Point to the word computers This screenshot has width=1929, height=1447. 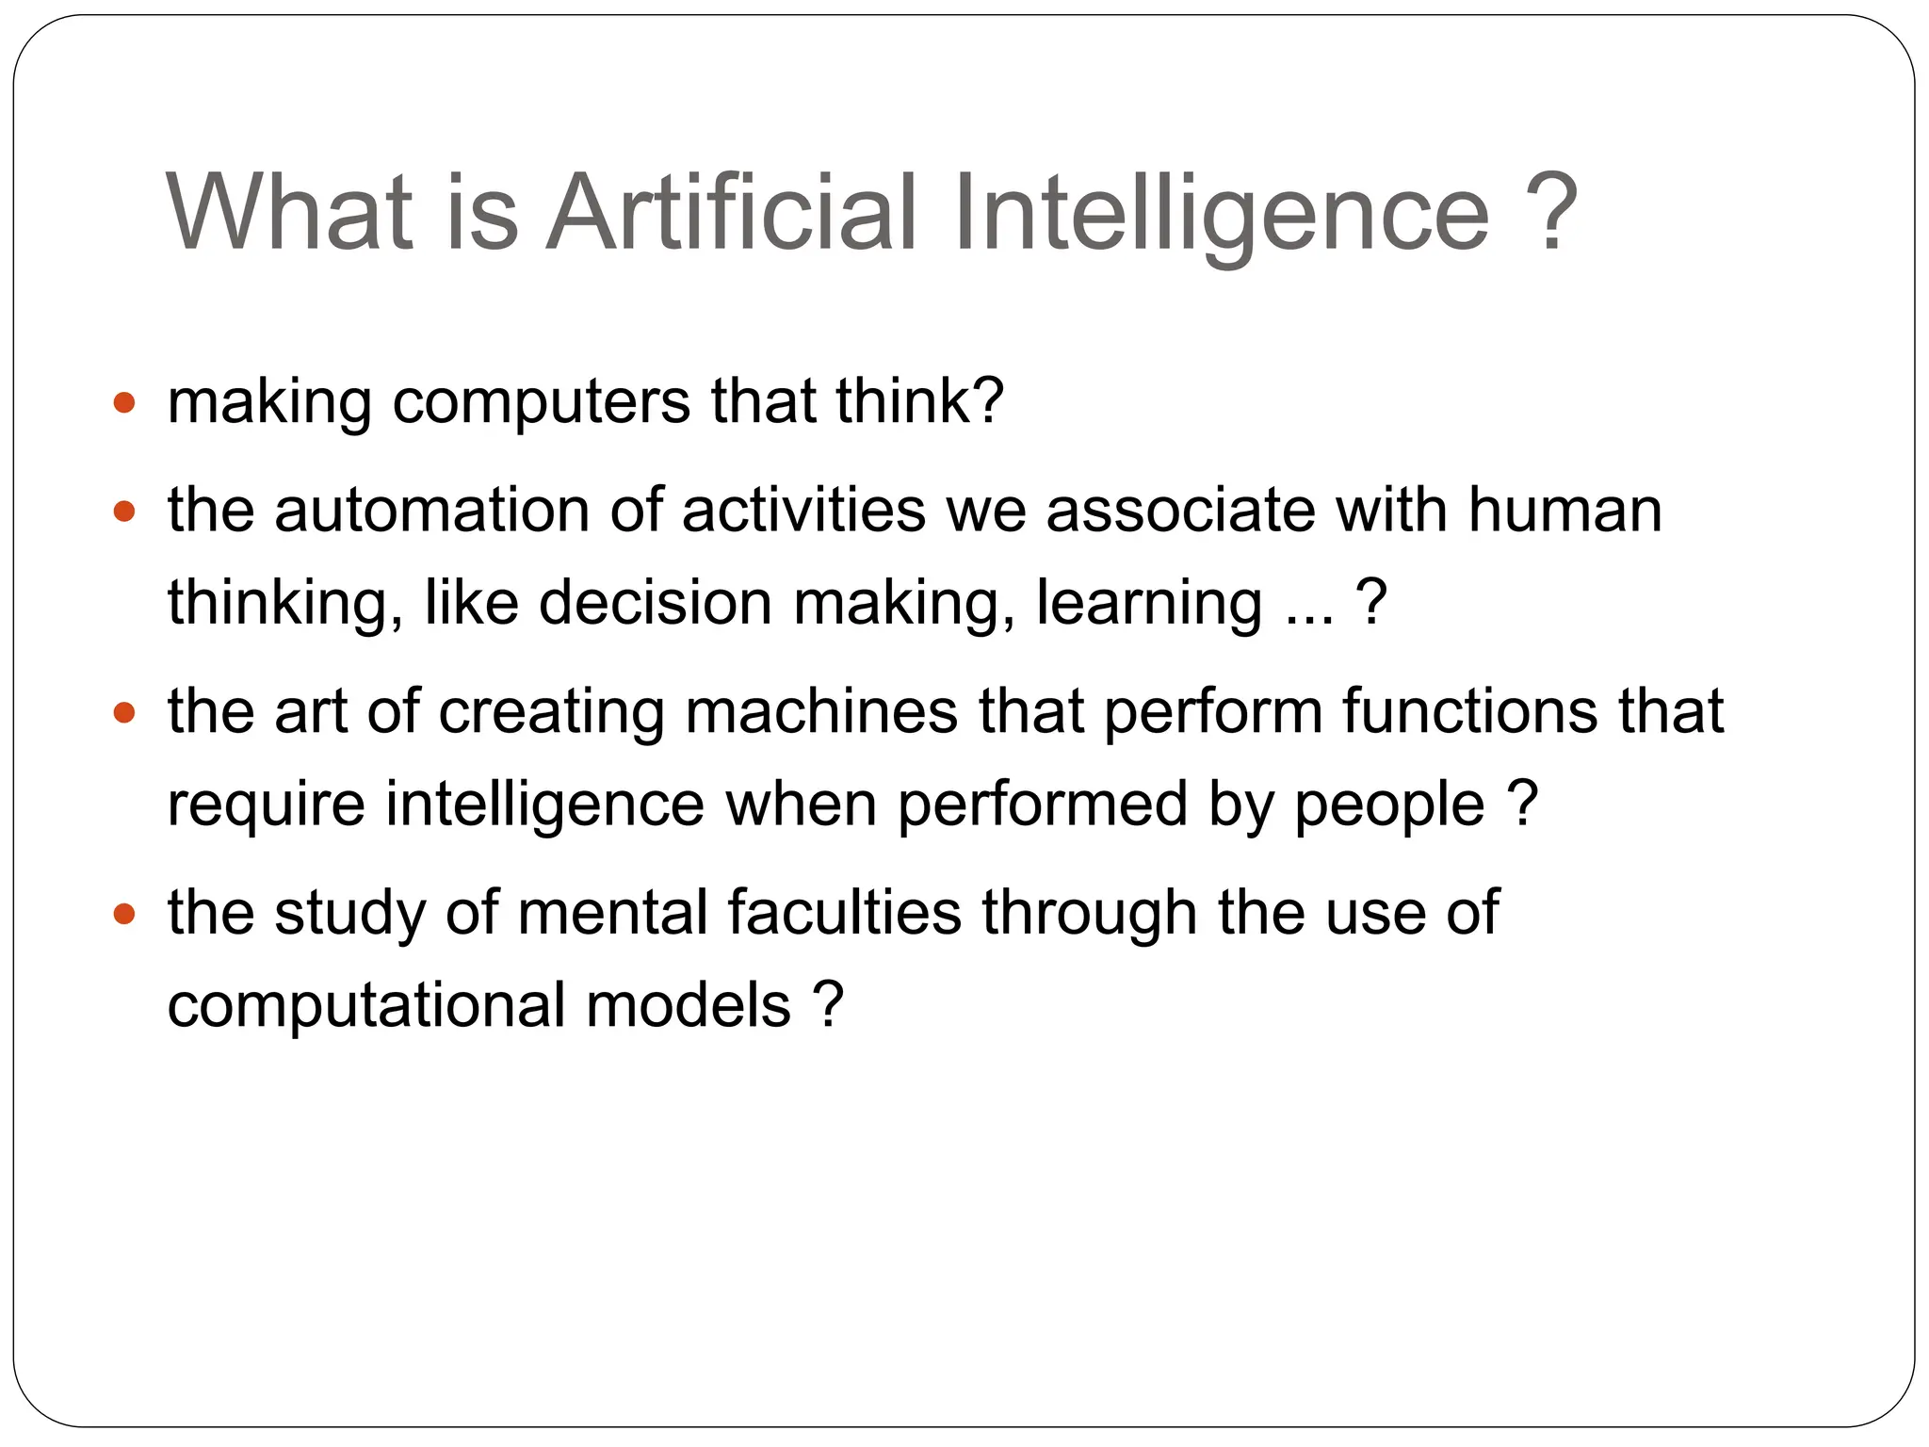pyautogui.click(x=542, y=403)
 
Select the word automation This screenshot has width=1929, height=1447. pyautogui.click(x=431, y=512)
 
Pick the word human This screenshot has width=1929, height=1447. pyautogui.click(x=1564, y=512)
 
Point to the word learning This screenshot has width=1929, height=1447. pyautogui.click(x=1149, y=605)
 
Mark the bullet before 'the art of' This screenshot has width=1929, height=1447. pyautogui.click(x=123, y=713)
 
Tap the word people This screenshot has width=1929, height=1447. pyautogui.click(x=1389, y=806)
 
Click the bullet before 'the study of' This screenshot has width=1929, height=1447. pyautogui.click(x=123, y=914)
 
